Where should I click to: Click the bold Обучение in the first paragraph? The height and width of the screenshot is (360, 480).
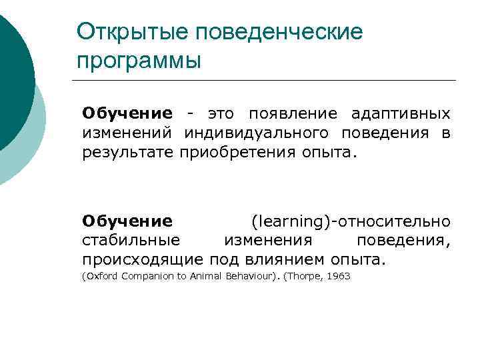click(127, 114)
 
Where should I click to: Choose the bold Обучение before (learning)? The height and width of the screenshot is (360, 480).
click(127, 221)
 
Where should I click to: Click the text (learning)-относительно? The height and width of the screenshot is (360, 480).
click(350, 221)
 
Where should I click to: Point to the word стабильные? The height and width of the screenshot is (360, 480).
click(131, 240)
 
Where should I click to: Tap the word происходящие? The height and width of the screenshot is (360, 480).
click(143, 259)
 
